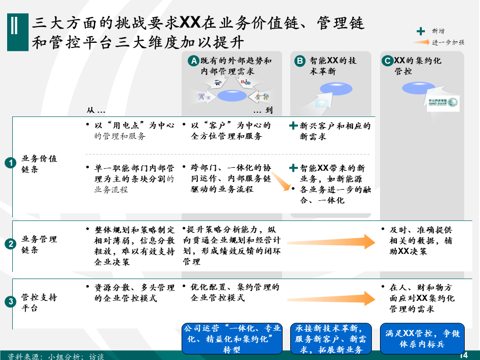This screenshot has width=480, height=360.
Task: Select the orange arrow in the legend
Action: (421, 42)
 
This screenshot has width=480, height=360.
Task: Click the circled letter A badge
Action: (193, 61)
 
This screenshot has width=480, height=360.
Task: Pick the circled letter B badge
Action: (300, 61)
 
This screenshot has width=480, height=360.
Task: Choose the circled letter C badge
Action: (388, 61)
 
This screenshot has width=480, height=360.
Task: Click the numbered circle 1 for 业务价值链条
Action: (10, 163)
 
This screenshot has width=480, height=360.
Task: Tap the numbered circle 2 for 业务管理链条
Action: (10, 244)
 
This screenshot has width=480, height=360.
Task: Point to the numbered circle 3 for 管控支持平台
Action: (10, 302)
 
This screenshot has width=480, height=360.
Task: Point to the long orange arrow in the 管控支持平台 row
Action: (331, 298)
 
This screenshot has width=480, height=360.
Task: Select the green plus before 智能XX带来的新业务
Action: (293, 168)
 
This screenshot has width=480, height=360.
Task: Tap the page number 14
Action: (464, 355)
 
